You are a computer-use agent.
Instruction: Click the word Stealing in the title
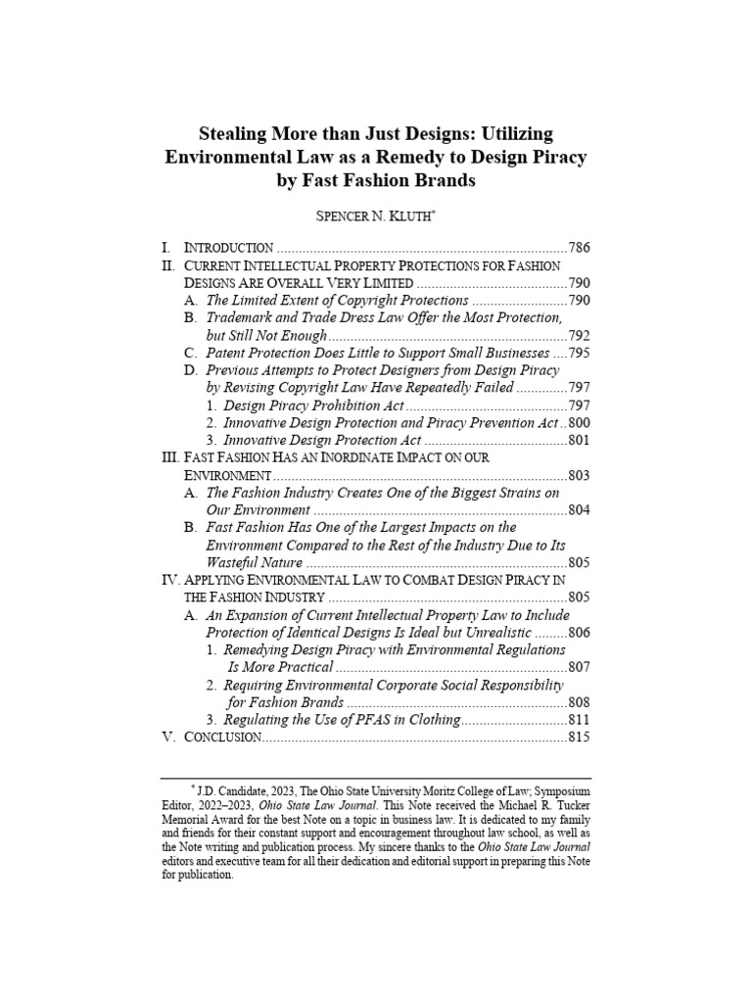pos(238,132)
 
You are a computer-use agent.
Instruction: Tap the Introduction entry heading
pos(229,248)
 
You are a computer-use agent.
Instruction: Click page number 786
pos(579,248)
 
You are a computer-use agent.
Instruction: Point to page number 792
pos(579,336)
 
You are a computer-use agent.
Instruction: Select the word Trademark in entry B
pos(239,318)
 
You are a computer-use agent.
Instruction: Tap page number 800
pos(579,423)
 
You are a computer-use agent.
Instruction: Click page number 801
pos(579,441)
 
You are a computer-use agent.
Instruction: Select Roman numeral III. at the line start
pos(169,457)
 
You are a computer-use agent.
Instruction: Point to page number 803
pos(579,475)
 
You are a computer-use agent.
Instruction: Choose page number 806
pos(579,633)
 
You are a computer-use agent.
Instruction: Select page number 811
pos(579,720)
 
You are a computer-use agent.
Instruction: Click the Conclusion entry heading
pos(221,738)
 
